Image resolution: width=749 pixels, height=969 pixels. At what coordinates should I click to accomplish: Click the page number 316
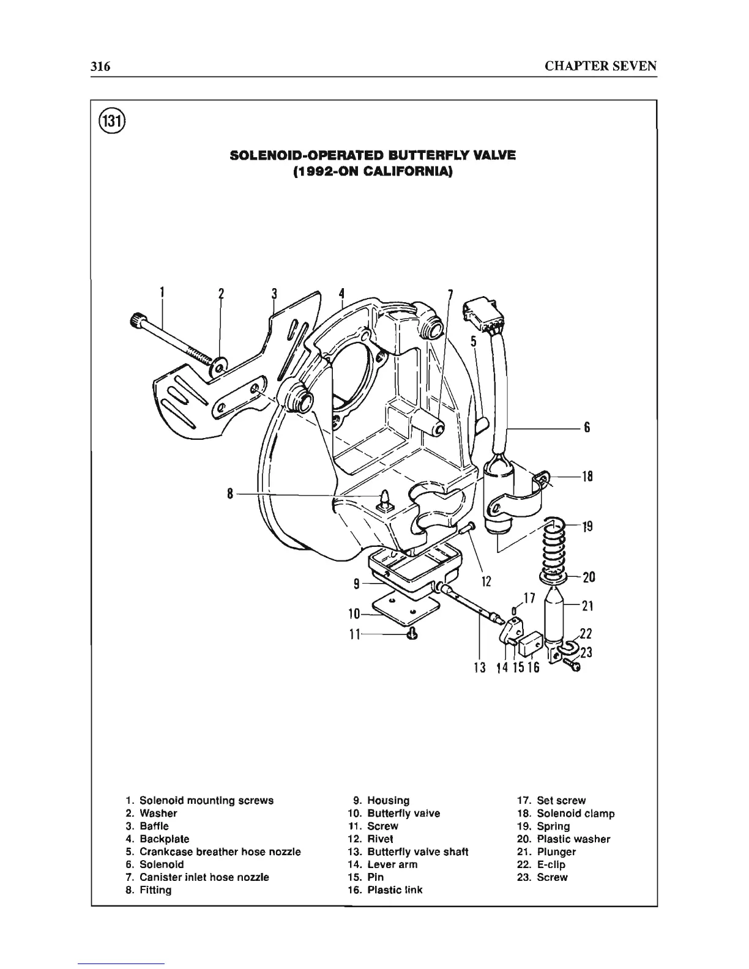[100, 66]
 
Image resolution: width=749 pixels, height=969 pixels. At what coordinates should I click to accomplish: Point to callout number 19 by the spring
[587, 526]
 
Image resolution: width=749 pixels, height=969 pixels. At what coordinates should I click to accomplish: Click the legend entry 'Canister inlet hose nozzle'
[204, 877]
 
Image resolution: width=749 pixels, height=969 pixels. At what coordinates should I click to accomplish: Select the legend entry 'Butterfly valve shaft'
[417, 852]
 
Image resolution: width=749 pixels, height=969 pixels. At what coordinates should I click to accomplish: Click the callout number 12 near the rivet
[486, 581]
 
